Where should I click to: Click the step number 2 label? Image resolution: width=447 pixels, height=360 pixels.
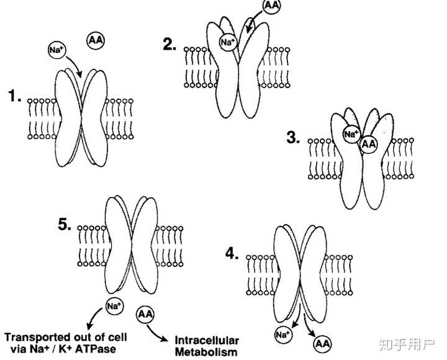click(x=169, y=45)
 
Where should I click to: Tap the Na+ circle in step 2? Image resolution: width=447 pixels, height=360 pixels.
click(x=227, y=43)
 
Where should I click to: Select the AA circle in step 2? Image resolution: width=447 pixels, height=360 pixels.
click(x=270, y=7)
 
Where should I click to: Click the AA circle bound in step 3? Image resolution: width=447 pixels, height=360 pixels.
click(x=369, y=144)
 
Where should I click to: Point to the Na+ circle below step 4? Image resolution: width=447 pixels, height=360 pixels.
click(x=284, y=335)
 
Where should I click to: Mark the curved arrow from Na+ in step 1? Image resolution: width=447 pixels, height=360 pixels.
click(x=75, y=62)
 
